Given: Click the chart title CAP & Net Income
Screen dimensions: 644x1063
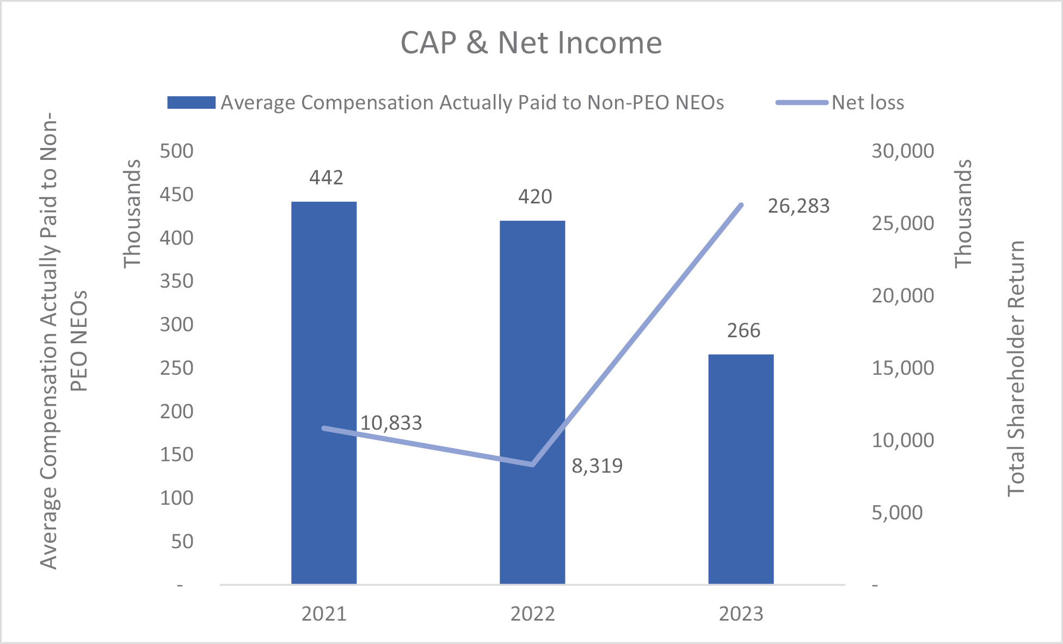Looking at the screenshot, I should [x=531, y=43].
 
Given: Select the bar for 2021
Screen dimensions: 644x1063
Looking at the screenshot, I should [x=324, y=392].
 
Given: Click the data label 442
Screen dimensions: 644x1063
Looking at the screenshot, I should [x=326, y=178].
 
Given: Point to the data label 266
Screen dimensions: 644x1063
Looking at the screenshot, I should [x=744, y=331].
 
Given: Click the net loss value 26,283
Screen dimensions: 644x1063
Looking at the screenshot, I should [x=798, y=206].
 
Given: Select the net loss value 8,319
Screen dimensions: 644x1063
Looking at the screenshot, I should [x=597, y=466].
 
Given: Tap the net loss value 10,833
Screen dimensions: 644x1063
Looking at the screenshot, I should [x=391, y=423].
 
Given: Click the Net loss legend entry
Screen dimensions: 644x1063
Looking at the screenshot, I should [x=868, y=103].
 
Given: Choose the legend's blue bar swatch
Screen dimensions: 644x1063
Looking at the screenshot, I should [x=191, y=103].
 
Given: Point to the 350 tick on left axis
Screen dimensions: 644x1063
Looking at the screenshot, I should [x=176, y=281].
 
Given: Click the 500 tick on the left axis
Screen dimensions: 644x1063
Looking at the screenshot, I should [x=176, y=151].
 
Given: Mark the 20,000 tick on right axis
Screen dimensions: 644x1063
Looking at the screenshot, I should [x=902, y=296].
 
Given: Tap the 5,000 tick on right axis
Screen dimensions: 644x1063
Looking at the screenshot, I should [x=897, y=513].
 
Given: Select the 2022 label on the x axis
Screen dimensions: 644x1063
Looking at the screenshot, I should [x=532, y=614].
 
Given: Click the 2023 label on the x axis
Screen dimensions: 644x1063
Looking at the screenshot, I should [x=741, y=614].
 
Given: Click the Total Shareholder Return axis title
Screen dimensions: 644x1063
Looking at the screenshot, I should [x=1016, y=369].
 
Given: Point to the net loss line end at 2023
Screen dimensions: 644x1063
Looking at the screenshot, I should [x=741, y=205].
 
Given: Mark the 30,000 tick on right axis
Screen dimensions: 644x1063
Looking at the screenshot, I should [x=902, y=151].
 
